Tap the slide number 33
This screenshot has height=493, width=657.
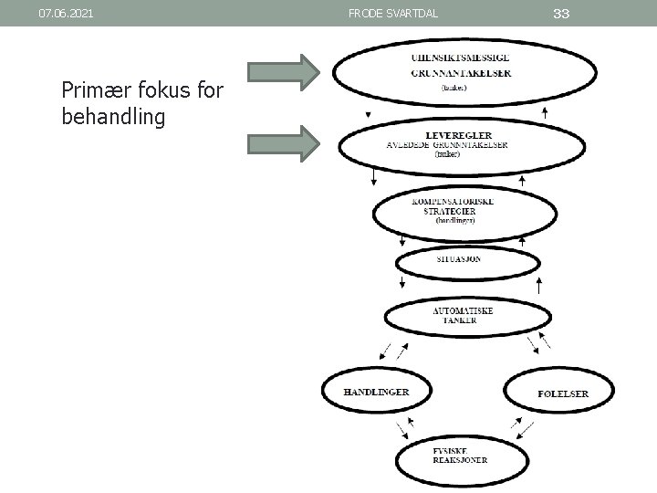coord(562,13)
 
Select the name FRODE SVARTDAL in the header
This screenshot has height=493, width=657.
coord(393,14)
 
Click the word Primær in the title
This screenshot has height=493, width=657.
coord(92,90)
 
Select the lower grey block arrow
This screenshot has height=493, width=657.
coord(284,142)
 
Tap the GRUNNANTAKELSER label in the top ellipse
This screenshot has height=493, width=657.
coord(461,73)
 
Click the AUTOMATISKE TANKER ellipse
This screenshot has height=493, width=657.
coord(463,316)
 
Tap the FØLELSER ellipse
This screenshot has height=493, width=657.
coord(561,393)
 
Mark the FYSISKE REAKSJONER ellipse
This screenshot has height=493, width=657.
coord(460,455)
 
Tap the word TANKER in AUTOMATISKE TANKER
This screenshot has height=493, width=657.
coord(460,321)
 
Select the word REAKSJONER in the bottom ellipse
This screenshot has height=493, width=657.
coord(461,459)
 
